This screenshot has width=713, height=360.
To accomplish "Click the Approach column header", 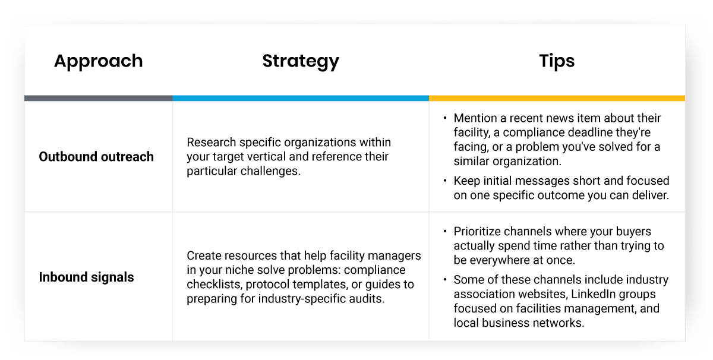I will click(x=98, y=61).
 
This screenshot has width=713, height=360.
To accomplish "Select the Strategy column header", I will click(x=301, y=61).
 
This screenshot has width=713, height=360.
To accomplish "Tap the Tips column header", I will click(x=557, y=61).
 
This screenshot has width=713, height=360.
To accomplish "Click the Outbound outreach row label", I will click(x=96, y=157).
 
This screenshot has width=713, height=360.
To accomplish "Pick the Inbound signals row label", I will click(x=86, y=277).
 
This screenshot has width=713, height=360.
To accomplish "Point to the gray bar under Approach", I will click(x=98, y=98).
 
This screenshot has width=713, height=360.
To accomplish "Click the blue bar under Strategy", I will click(x=301, y=98).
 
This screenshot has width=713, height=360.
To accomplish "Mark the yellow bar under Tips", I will click(x=557, y=98).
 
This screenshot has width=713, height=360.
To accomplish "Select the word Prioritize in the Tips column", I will click(x=478, y=232).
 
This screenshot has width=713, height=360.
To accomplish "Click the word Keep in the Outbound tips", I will click(x=465, y=181).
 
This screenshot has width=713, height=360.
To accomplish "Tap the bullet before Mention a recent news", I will click(x=446, y=118).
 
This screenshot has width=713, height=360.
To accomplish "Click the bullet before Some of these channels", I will click(x=446, y=280).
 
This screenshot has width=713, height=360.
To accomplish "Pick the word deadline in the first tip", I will click(x=594, y=132).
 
